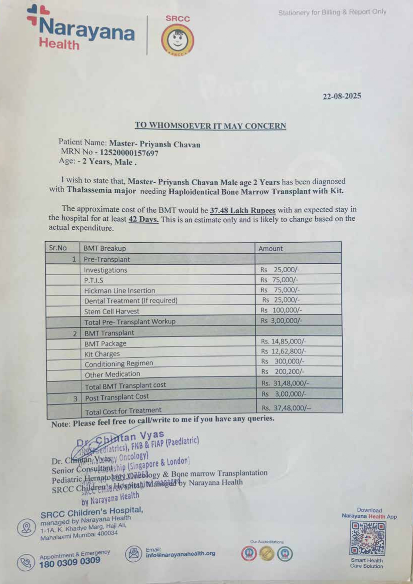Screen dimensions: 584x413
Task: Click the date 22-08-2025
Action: click(x=342, y=96)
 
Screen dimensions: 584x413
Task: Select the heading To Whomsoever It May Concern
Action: click(x=210, y=126)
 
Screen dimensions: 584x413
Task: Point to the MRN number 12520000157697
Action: click(x=129, y=153)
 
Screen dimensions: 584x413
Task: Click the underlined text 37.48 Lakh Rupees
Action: click(x=242, y=210)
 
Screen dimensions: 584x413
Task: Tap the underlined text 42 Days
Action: click(x=143, y=220)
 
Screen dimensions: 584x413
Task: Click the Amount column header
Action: click(x=270, y=248)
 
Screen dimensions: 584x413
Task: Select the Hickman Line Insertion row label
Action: click(x=119, y=291)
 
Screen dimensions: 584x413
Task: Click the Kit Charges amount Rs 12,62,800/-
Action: click(x=283, y=351)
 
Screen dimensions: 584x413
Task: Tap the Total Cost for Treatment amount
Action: click(x=286, y=408)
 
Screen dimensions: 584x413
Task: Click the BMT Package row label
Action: click(x=105, y=343)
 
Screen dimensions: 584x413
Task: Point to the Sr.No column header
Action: click(x=58, y=248)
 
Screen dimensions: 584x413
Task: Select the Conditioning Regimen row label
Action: click(x=119, y=364)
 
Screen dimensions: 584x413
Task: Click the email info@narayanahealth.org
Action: click(x=180, y=554)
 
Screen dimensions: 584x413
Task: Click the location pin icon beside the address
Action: click(x=26, y=527)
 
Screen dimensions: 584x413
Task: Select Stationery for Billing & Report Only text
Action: click(x=332, y=12)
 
